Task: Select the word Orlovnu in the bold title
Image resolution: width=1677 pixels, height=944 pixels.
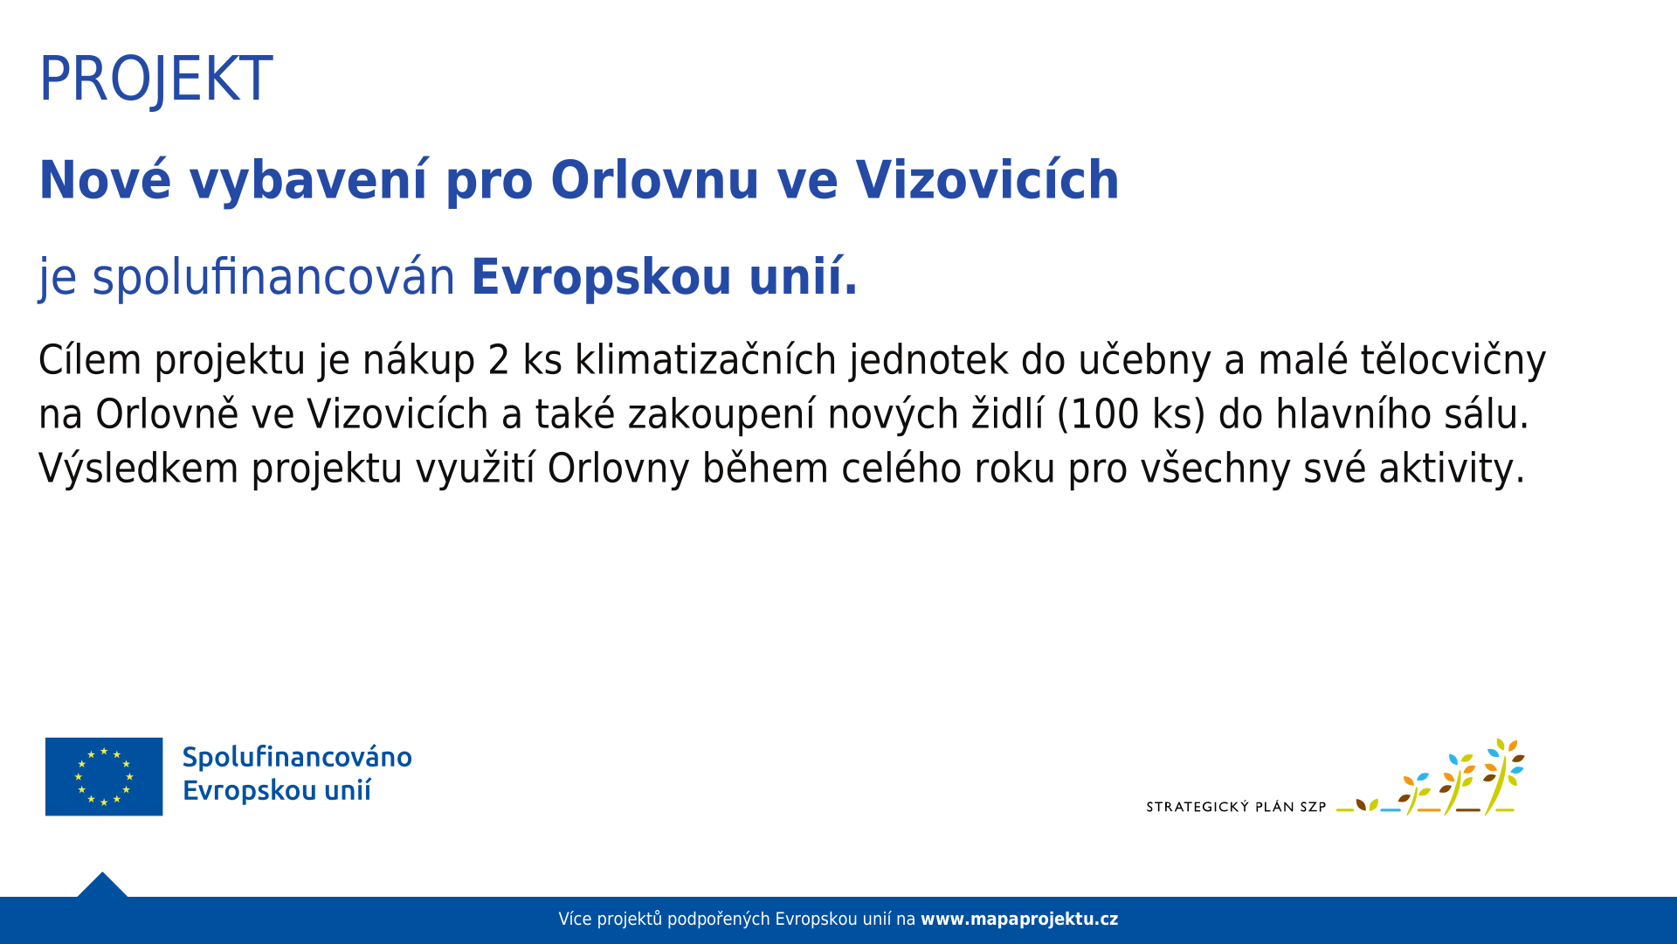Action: [654, 180]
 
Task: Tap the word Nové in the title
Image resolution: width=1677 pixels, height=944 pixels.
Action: [105, 180]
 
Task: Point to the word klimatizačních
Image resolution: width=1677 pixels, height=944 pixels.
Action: [706, 360]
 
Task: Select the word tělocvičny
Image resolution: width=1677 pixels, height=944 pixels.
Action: [1453, 360]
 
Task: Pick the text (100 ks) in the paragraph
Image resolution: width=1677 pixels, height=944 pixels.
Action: [1131, 414]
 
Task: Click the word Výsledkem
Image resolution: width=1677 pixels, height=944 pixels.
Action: [138, 469]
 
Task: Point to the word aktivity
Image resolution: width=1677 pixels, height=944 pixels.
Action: [1452, 469]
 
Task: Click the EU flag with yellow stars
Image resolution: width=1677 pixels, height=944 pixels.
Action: [104, 776]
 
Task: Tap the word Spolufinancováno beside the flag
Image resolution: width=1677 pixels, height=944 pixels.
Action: [297, 757]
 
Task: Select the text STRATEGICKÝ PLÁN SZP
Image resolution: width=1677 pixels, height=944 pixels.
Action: [1236, 807]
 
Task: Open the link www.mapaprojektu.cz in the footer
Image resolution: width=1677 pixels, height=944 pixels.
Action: [1019, 919]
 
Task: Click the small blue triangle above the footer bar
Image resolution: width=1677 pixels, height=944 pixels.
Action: [102, 885]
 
